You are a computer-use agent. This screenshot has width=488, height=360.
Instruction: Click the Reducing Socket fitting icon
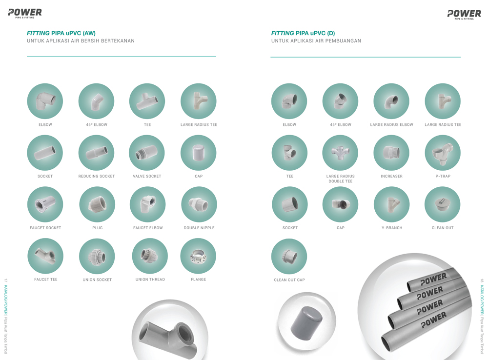(96, 153)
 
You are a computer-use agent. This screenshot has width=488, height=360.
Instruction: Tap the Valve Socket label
(147, 176)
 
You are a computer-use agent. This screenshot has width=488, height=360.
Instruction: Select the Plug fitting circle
(97, 204)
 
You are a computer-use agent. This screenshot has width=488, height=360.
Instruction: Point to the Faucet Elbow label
(148, 228)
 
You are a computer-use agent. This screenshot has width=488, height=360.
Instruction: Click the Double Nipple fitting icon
(199, 204)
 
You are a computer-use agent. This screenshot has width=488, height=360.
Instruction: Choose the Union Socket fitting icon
(97, 257)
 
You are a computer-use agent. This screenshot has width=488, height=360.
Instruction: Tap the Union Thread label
(150, 280)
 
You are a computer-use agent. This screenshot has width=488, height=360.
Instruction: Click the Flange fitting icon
(198, 256)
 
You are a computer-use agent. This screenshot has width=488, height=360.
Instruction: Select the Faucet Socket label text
(45, 228)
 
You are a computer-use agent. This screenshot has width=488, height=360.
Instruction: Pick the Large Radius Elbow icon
(391, 101)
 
